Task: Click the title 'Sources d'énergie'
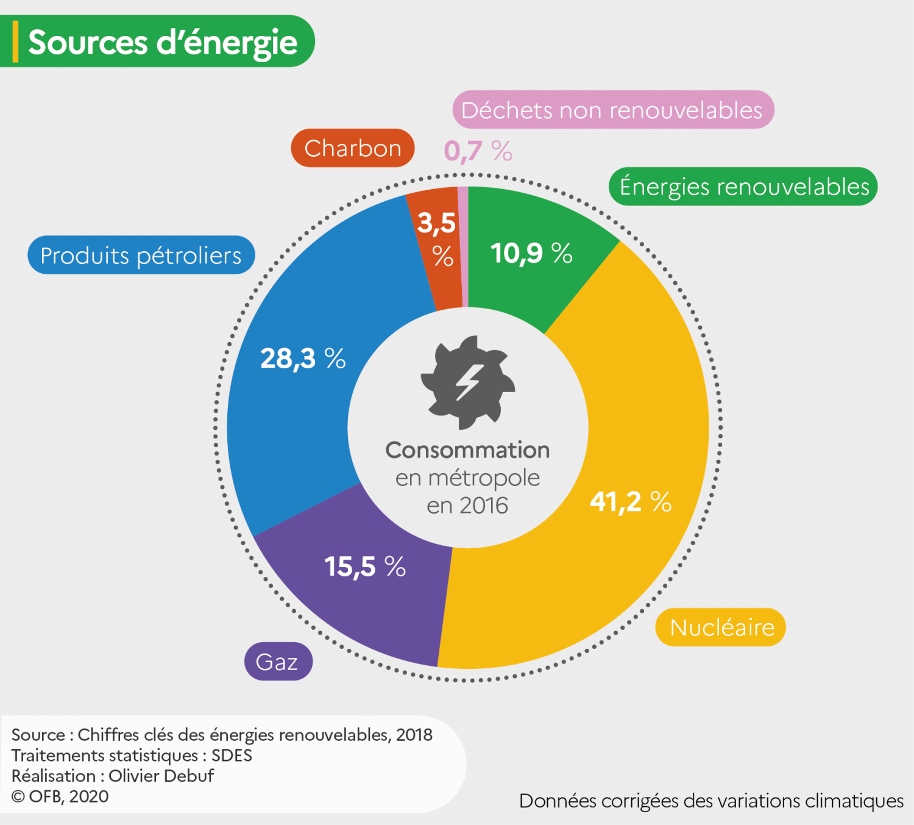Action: pos(162,42)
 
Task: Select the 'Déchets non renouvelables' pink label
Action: pos(612,110)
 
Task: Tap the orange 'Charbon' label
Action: pos(353,148)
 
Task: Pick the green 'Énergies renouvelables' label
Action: pos(743,187)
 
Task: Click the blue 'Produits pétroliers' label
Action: pos(141,255)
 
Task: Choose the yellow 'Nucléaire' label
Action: pos(721,627)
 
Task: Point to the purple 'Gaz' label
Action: pos(278,662)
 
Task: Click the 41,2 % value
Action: pos(630,502)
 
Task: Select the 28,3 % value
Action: pos(303,358)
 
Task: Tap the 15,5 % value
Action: pos(364,566)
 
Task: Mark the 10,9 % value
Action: pos(531,253)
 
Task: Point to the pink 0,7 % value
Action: pos(478,151)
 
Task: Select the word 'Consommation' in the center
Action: pos(467,450)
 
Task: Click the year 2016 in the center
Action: pos(484,505)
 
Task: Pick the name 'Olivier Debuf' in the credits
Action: pos(161,776)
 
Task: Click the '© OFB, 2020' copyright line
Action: pos(60,796)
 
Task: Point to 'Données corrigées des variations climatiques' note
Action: pos(711,801)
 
